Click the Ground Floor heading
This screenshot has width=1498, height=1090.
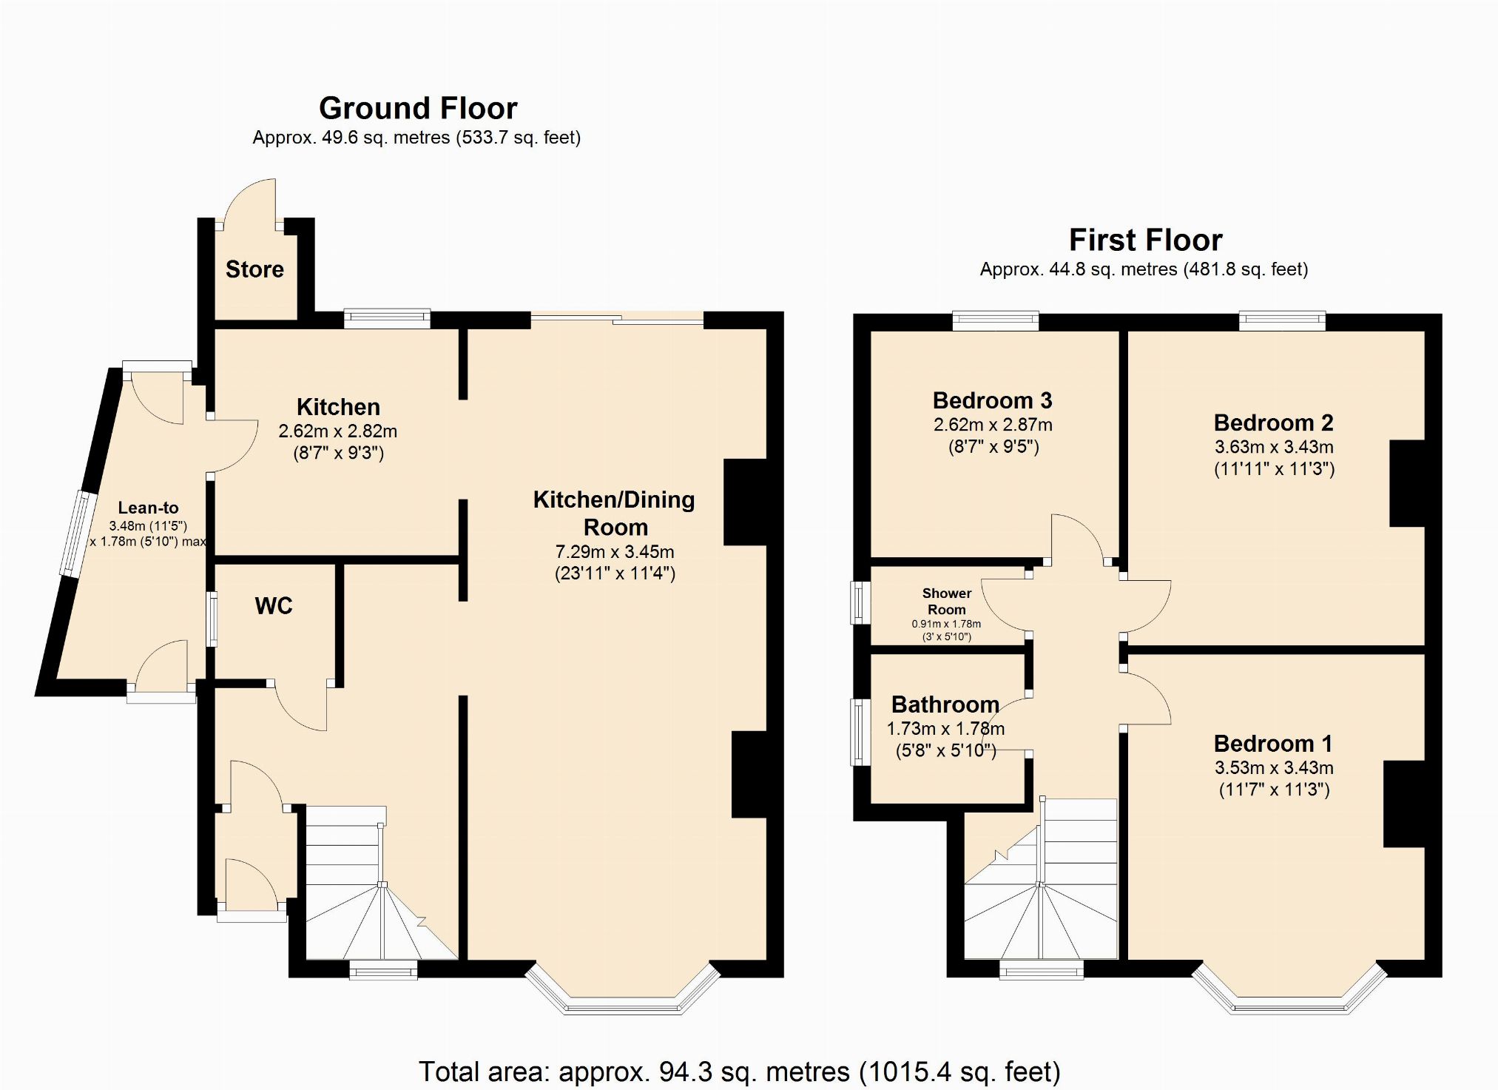tap(418, 109)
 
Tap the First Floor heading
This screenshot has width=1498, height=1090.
tap(1145, 240)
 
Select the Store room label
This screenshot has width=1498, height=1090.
tap(254, 269)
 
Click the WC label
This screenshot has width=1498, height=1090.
tap(274, 606)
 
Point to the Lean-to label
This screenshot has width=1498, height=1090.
tap(148, 508)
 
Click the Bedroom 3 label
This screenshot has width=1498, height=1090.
tap(992, 400)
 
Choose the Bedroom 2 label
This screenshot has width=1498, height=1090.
tap(1273, 423)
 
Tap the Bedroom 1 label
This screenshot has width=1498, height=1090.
tap(1273, 743)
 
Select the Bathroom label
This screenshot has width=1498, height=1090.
tap(945, 704)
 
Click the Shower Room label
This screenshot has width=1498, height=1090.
tap(947, 602)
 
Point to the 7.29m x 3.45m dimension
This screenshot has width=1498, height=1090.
tap(615, 552)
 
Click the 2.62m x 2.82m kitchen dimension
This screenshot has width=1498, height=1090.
tap(338, 431)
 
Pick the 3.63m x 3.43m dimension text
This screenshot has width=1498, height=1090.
tap(1274, 447)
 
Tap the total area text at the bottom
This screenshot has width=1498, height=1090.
tap(740, 1072)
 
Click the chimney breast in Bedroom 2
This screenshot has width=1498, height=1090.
tap(1407, 483)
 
